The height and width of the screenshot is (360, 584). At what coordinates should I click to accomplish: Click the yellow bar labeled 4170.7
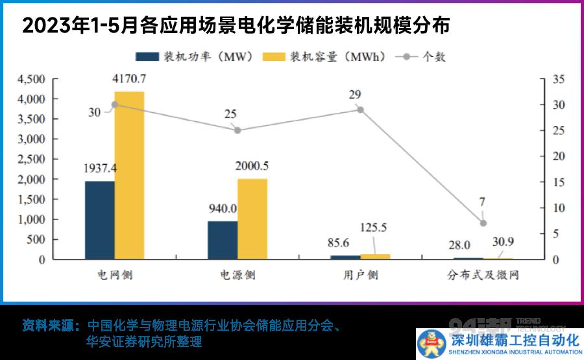[x=129, y=175]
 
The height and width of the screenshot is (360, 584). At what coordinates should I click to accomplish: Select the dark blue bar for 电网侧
[x=99, y=220]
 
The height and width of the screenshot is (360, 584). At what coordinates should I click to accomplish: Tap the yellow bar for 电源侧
[x=252, y=219]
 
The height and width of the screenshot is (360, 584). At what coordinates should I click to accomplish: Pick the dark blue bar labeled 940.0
[x=223, y=240]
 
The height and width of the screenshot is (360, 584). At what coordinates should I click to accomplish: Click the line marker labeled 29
[x=361, y=110]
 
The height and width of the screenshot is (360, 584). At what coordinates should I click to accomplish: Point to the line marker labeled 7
[x=483, y=223]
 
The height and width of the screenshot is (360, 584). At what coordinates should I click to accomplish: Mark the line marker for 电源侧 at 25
[x=237, y=130]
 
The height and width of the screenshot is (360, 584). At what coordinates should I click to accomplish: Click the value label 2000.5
[x=252, y=166]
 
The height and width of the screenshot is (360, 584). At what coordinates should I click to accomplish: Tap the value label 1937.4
[x=100, y=169]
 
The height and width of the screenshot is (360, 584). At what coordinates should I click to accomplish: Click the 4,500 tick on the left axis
[x=31, y=79]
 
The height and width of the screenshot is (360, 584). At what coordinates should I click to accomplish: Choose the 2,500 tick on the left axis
[x=31, y=160]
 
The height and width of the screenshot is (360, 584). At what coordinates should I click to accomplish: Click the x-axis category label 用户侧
[x=360, y=275]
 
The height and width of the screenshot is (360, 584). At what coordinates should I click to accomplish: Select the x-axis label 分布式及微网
[x=483, y=275]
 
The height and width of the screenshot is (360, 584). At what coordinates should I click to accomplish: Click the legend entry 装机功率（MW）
[x=195, y=57]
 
